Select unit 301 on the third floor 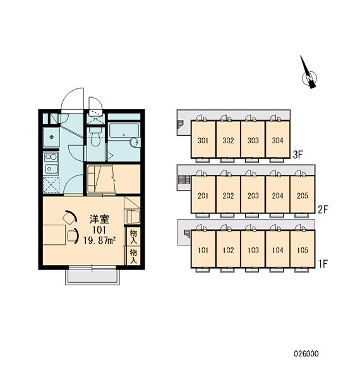[x=203, y=139]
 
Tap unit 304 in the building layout [x=278, y=139]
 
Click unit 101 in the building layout [x=203, y=249]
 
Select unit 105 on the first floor [x=303, y=249]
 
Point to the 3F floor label [x=297, y=155]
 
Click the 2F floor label [x=323, y=210]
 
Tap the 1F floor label [x=323, y=264]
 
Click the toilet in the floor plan [x=96, y=137]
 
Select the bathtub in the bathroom [x=124, y=130]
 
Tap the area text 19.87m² [x=100, y=240]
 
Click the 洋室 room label [x=100, y=220]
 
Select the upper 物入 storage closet [x=133, y=237]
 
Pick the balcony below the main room [x=93, y=277]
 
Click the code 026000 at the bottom [x=306, y=353]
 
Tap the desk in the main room [x=54, y=235]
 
